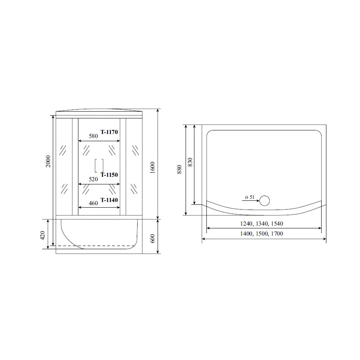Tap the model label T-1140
pyautogui.click(x=110, y=200)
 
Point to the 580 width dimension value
pyautogui.click(x=93, y=136)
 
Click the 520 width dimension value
pyautogui.click(x=93, y=180)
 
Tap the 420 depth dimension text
pyautogui.click(x=43, y=235)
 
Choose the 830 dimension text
pyautogui.click(x=190, y=162)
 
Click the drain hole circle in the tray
pyautogui.click(x=265, y=200)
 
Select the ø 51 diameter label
pyautogui.click(x=249, y=197)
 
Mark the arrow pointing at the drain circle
pyautogui.click(x=251, y=201)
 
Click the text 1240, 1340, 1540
pyautogui.click(x=264, y=224)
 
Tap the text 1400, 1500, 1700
pyautogui.click(x=264, y=234)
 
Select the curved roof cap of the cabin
pyautogui.click(x=99, y=111)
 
